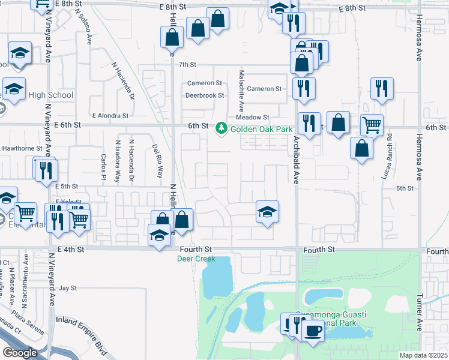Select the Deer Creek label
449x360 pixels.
[x=195, y=259]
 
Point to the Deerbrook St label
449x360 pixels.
[x=204, y=95]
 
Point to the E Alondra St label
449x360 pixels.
[x=110, y=115]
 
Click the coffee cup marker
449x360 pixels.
[x=312, y=329]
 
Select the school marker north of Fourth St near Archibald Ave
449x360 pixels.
[x=267, y=211]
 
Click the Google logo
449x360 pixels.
[x=19, y=353]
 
